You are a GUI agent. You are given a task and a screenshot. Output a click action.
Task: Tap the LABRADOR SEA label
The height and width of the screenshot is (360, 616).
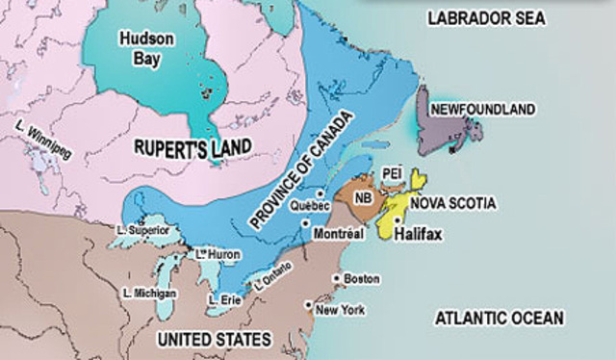[x=487, y=18]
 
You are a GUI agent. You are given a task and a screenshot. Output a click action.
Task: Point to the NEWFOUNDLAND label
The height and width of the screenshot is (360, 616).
[x=482, y=110]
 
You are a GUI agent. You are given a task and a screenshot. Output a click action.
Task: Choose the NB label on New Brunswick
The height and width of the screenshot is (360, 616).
[x=363, y=199]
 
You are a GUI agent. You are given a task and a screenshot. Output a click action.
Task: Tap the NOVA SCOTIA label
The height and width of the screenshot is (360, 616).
[x=452, y=203]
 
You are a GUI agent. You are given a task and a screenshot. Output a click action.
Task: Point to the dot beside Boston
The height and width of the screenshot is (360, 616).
[x=336, y=279]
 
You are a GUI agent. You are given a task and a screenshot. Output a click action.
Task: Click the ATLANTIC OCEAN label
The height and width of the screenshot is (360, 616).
[x=499, y=318]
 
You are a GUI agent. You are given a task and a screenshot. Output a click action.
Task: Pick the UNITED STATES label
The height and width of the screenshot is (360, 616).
[x=213, y=339]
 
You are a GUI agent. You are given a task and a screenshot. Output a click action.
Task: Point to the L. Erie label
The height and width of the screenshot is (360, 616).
[x=225, y=297]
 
